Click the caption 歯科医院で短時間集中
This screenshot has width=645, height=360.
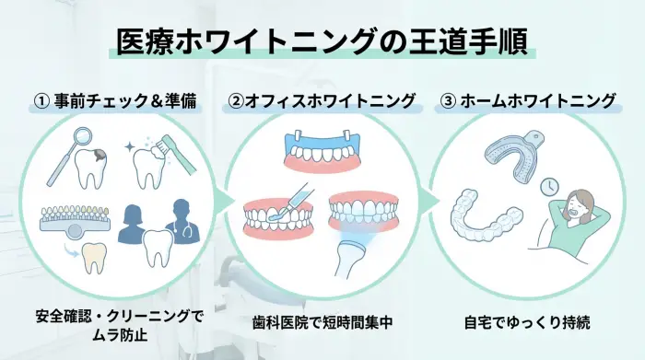pos(322,323)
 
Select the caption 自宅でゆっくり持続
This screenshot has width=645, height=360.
pos(526,323)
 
